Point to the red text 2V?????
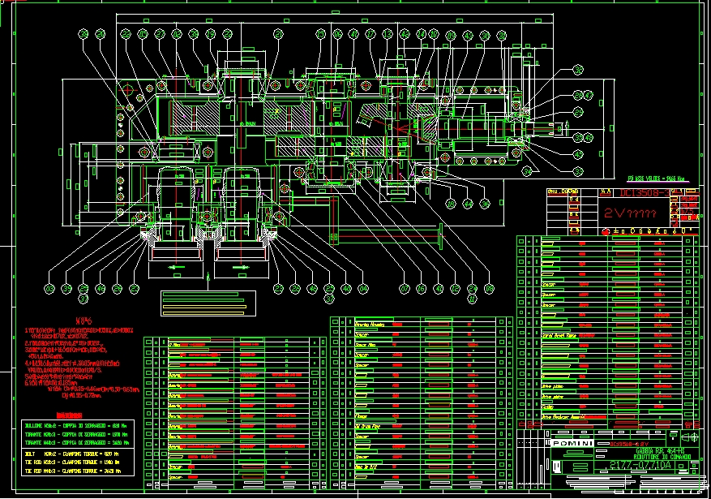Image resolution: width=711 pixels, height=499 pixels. (630, 213)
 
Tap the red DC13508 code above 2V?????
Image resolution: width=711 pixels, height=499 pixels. (645, 193)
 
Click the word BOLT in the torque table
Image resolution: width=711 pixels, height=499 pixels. (32, 452)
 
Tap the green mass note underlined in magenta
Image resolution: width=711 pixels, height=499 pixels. (662, 178)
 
